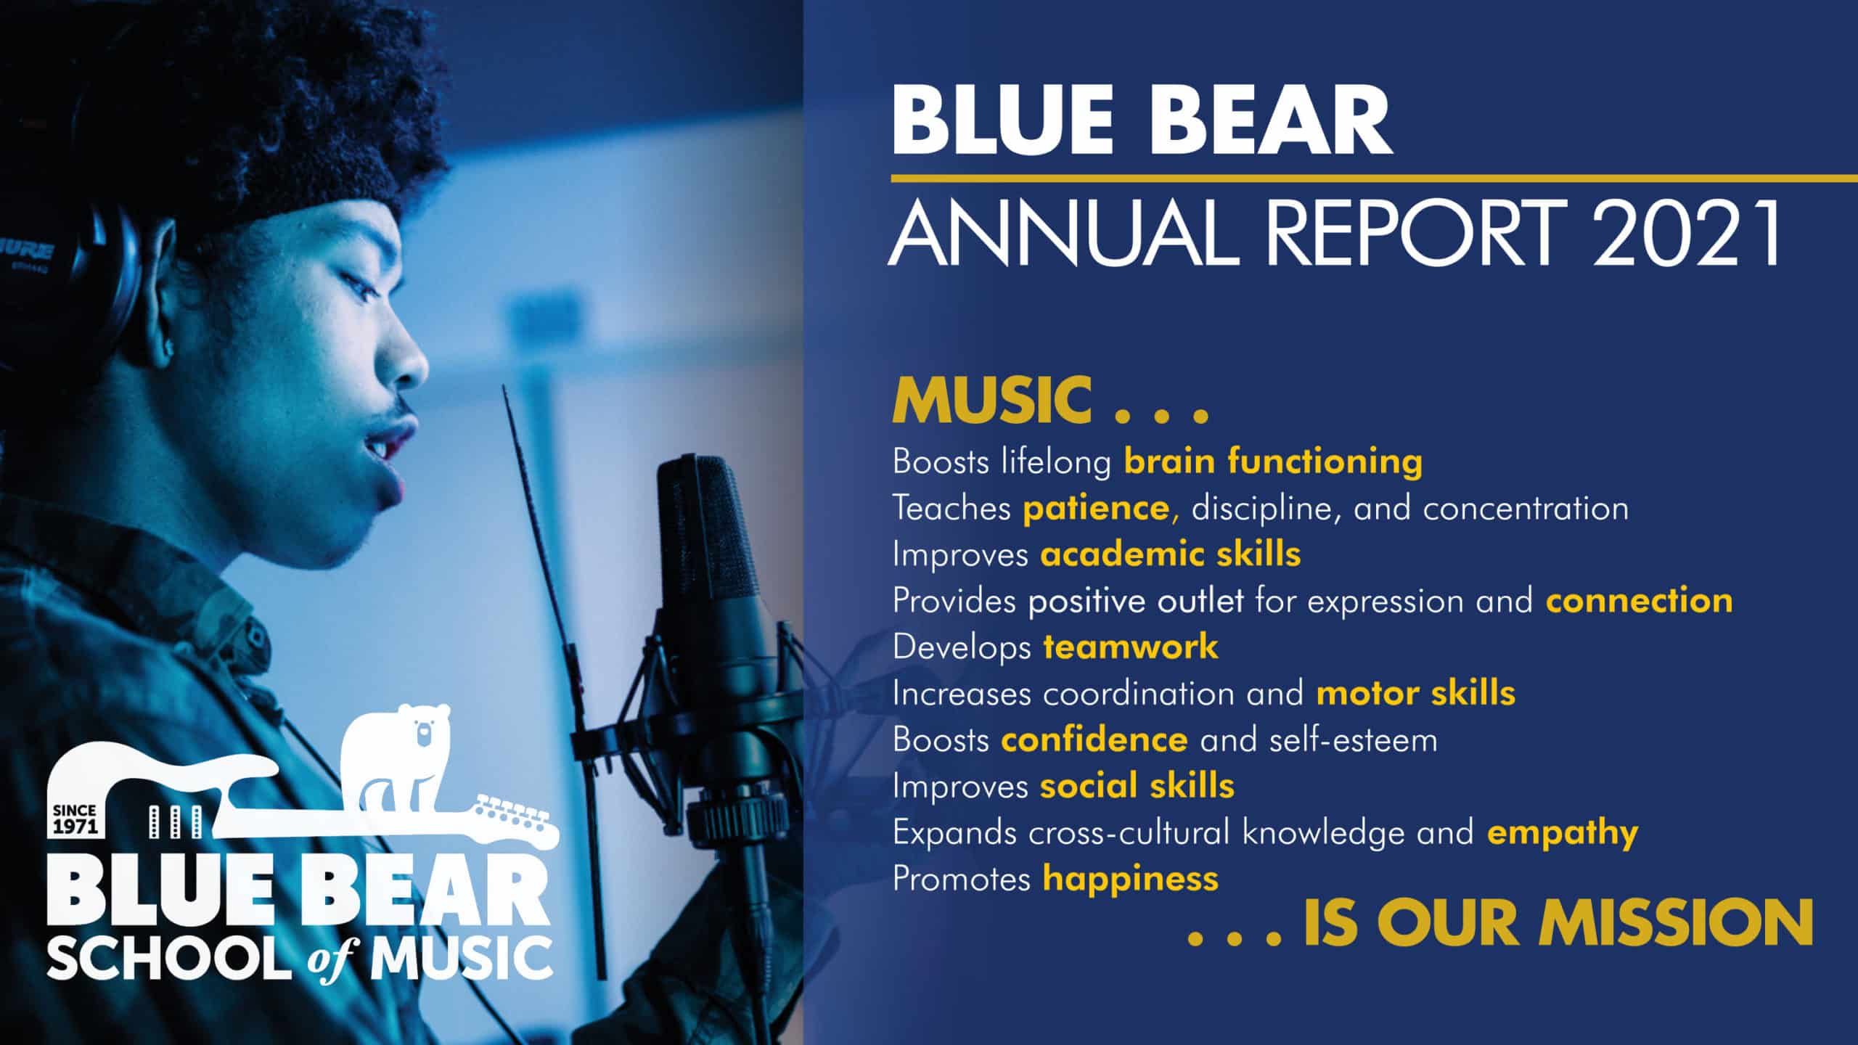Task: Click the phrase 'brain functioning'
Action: [1273, 462]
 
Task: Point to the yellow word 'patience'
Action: [1096, 508]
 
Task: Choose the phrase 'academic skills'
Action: [1170, 554]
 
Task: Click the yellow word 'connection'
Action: [1639, 601]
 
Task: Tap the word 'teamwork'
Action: [1131, 647]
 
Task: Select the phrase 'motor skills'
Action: [1415, 693]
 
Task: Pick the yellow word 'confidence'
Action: [1094, 739]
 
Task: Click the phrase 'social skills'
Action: [1137, 786]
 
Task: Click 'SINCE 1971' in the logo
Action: [75, 820]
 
